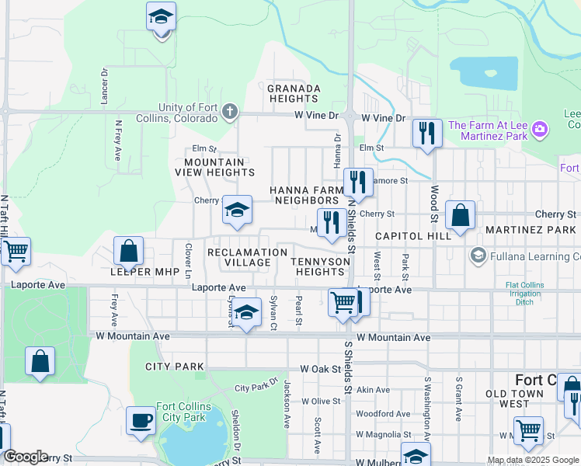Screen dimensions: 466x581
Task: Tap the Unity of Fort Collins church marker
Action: click(229, 112)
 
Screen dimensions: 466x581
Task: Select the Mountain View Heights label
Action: click(210, 167)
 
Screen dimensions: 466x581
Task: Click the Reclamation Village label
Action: click(248, 257)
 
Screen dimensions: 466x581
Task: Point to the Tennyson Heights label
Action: click(317, 266)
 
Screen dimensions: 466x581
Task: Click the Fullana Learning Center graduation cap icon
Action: click(477, 255)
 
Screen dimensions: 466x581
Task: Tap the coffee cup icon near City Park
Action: click(141, 420)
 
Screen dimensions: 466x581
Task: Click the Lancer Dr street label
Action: click(104, 81)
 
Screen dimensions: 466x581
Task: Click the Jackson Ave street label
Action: click(287, 396)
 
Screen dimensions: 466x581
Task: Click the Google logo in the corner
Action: click(26, 457)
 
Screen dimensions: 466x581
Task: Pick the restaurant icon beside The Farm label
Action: click(427, 133)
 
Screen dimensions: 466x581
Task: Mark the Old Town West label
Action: click(519, 399)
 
